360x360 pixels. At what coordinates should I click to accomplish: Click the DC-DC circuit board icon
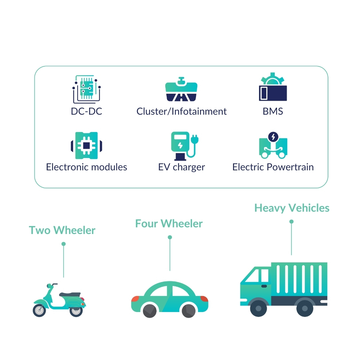[x=86, y=89]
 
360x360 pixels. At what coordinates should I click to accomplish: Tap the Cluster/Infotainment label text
[x=181, y=111]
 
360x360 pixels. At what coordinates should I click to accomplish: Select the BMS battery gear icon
[x=273, y=87]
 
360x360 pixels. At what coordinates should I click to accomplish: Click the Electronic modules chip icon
[x=86, y=145]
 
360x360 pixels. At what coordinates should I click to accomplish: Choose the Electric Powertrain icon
[x=273, y=145]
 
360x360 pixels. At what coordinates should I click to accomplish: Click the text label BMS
[x=273, y=111]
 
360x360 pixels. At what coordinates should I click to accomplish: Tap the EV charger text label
[x=181, y=167]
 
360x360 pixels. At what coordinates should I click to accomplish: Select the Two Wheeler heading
[x=62, y=230]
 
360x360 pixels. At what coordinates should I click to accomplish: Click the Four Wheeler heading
[x=169, y=223]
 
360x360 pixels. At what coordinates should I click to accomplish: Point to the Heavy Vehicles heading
[x=292, y=208]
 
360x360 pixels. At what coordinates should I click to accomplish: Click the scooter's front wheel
[x=39, y=310]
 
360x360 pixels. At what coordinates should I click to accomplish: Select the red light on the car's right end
[x=204, y=298]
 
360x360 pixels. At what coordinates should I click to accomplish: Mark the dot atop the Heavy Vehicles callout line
[x=291, y=222]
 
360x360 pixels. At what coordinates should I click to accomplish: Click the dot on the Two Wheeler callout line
[x=63, y=244]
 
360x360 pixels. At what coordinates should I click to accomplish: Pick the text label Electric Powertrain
[x=273, y=167]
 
